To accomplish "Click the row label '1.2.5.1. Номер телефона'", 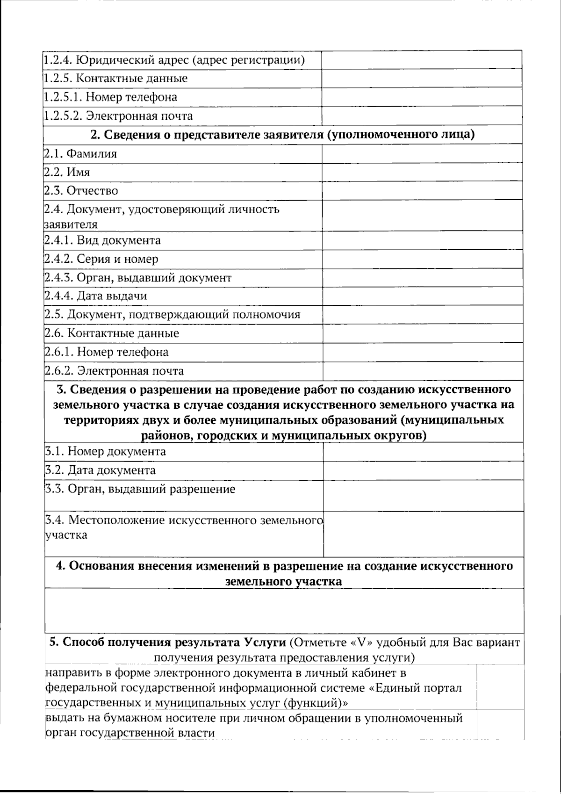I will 111,97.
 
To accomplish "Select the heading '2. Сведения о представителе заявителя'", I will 282,135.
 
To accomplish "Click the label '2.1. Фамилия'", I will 80,153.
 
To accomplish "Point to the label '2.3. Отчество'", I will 81,191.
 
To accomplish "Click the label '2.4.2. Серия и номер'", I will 102,259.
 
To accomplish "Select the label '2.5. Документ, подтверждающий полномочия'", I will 173,315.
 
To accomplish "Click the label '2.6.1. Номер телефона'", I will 107,352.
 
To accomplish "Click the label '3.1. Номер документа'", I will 106,452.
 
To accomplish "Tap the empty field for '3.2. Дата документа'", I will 423,470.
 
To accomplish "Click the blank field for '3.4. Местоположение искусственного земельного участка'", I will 423,534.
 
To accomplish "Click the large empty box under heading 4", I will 284,610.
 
